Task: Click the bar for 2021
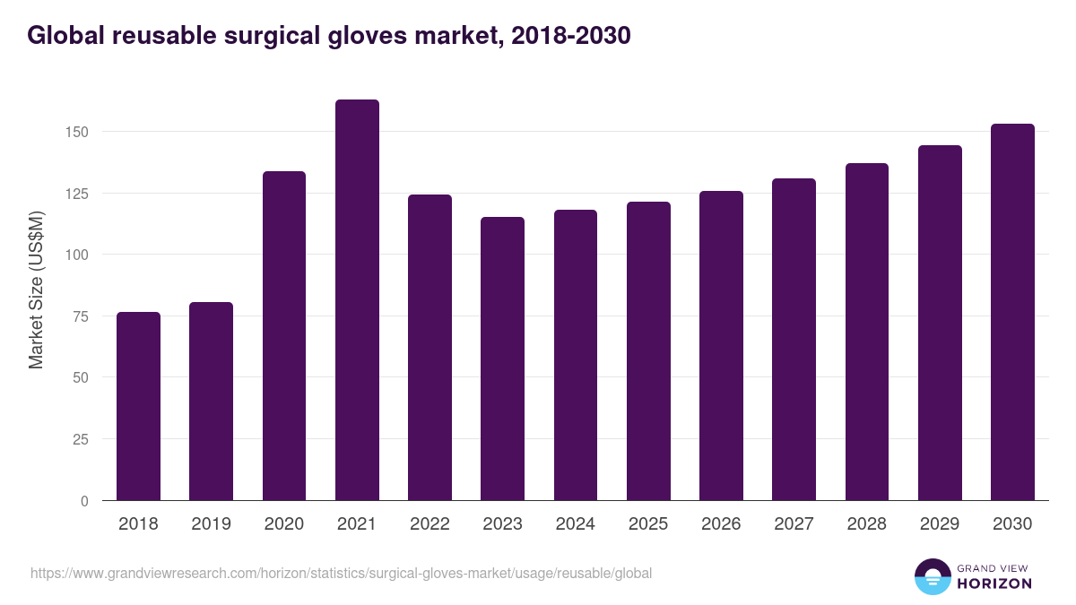point(357,300)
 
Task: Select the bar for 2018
point(138,406)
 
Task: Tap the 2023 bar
point(502,359)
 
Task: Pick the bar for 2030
point(1012,312)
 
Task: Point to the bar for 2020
point(284,336)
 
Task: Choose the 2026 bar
point(721,346)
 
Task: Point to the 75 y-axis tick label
point(82,315)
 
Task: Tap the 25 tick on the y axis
point(82,439)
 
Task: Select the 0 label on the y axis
point(85,501)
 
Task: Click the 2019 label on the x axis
point(211,524)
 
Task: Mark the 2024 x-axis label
point(575,524)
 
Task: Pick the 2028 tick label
point(866,524)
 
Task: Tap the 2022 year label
point(430,524)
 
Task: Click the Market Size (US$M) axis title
point(36,290)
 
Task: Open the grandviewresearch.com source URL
point(341,573)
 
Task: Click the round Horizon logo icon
point(932,576)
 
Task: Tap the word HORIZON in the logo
point(994,583)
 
